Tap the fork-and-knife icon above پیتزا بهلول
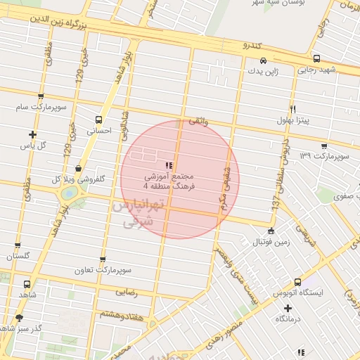(x=292, y=110)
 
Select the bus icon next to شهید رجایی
(x=316, y=59)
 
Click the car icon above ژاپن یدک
(x=263, y=60)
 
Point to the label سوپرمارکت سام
(x=41, y=107)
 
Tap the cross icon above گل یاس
(x=32, y=134)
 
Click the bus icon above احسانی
(x=98, y=119)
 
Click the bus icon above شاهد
(x=27, y=285)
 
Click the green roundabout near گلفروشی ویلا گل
(x=70, y=191)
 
